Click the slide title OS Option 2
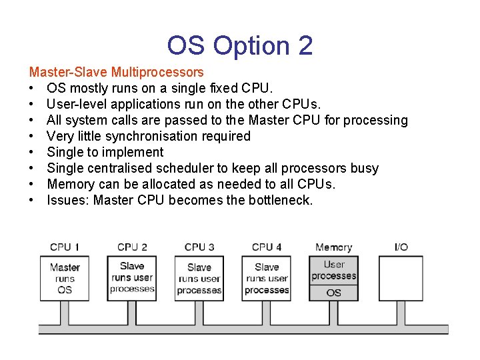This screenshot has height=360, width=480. point(240,45)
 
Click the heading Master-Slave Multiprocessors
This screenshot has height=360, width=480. point(116,72)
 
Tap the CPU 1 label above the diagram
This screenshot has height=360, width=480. point(65,247)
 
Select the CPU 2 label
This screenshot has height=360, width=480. point(132,247)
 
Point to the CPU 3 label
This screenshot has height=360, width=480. point(199,247)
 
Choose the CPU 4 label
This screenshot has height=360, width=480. point(267,247)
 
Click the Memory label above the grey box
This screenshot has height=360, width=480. point(333,247)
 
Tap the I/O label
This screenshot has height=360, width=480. point(401,247)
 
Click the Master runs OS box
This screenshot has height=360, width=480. point(65,279)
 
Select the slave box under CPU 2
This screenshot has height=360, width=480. point(132,277)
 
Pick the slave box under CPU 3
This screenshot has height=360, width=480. point(199,279)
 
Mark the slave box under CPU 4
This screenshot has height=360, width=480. point(267,279)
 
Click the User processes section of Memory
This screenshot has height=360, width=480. point(334,270)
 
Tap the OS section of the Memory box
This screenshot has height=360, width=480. point(334,292)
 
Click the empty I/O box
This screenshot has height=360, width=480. point(401,279)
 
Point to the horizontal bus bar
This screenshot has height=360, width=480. point(240,329)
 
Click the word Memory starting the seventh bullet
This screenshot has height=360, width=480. point(71,184)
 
